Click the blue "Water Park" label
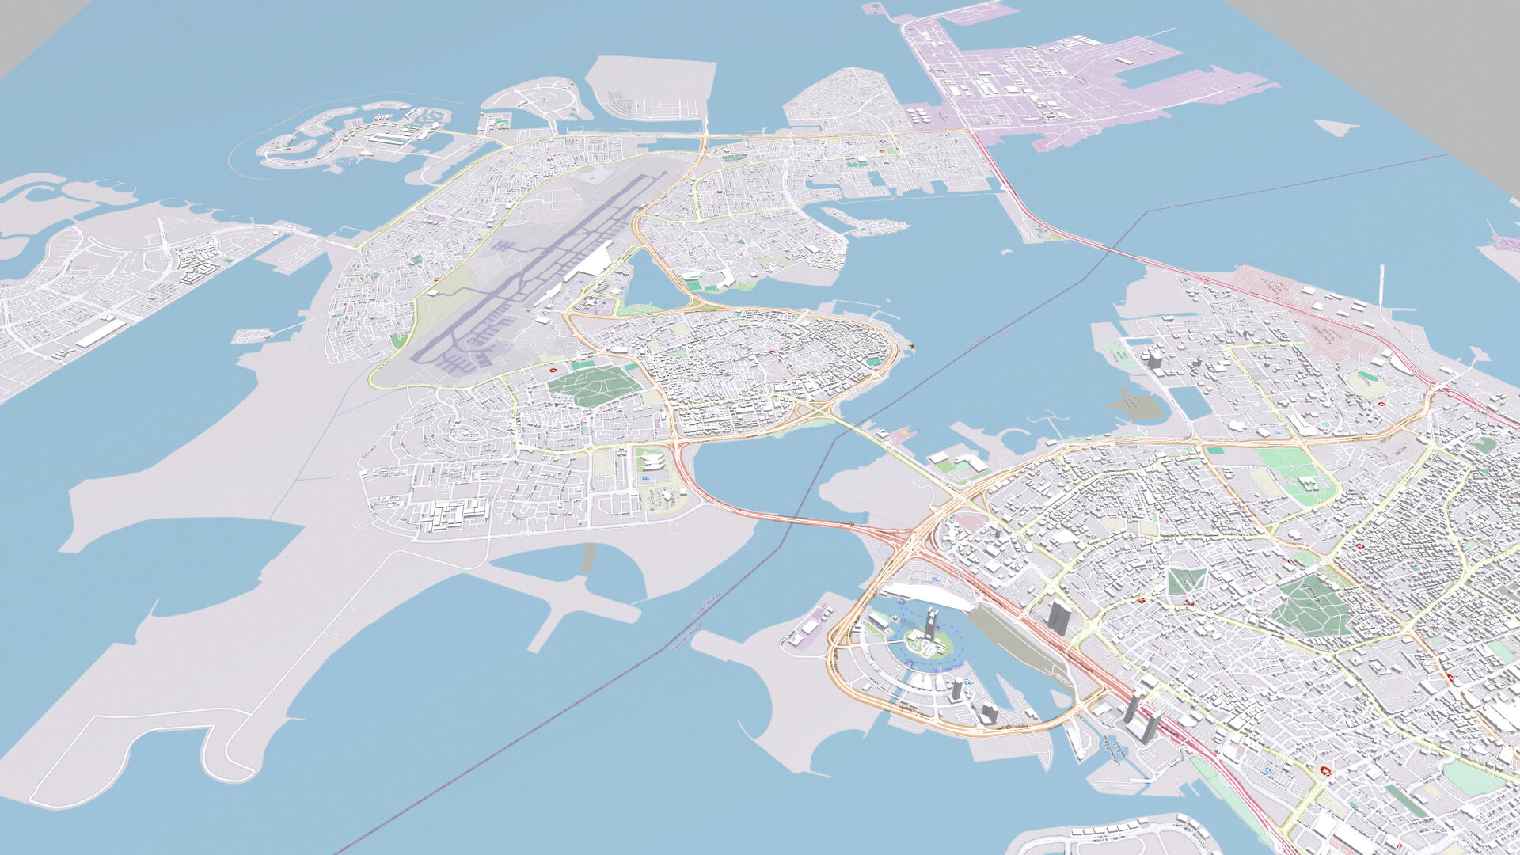[949, 670]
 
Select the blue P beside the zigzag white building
[644, 478]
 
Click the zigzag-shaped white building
[650, 460]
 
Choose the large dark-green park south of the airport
[594, 386]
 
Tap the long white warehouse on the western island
[101, 332]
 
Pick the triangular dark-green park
[1185, 581]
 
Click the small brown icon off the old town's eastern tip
[911, 346]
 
